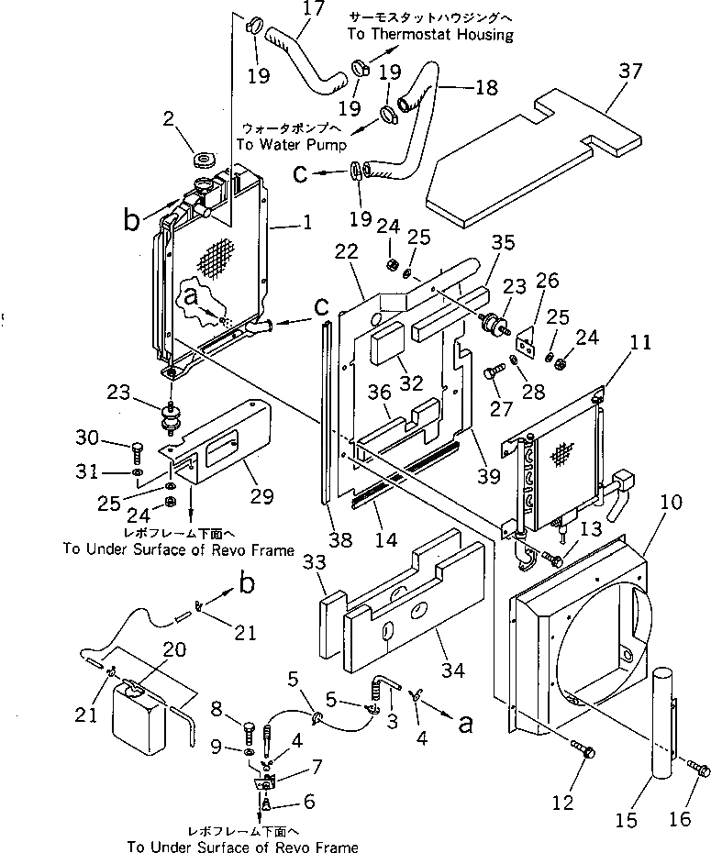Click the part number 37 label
(x=630, y=71)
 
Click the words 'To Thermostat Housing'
(x=430, y=34)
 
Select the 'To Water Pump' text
(x=291, y=145)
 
